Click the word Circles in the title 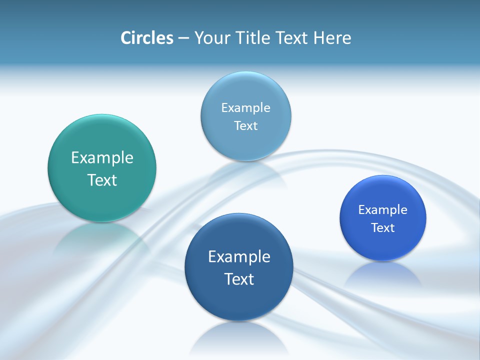[146, 38]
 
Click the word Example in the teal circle [102, 158]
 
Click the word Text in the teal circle [102, 180]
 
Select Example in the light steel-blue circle [245, 107]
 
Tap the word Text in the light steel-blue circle [245, 125]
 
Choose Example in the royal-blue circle [383, 209]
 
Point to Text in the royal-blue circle [383, 227]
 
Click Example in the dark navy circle [239, 256]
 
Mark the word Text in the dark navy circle [239, 278]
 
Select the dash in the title [183, 38]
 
